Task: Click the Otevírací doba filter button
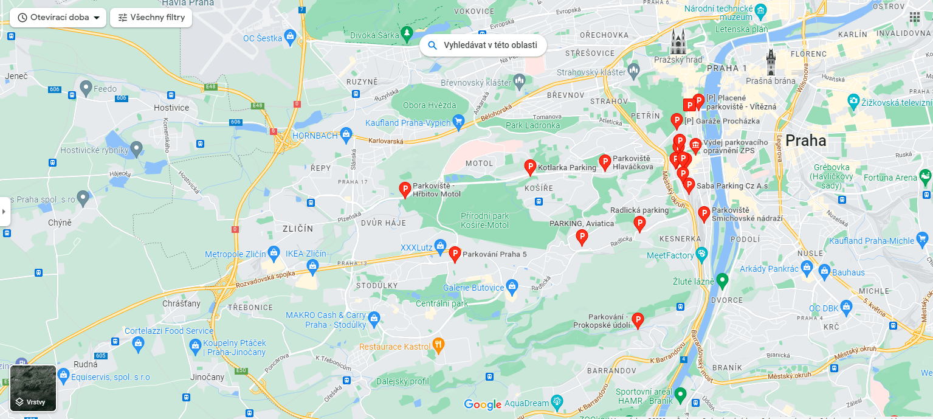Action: point(58,18)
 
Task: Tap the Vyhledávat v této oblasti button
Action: point(483,46)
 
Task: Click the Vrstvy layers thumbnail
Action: point(33,389)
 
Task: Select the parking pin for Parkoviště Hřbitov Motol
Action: point(405,189)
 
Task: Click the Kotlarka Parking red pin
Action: point(530,167)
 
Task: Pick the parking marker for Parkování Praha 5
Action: point(455,254)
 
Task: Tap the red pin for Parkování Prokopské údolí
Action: point(638,319)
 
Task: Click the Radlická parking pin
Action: point(639,223)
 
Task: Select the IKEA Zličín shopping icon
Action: point(313,265)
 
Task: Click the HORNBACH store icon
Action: point(346,133)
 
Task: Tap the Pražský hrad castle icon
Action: point(678,42)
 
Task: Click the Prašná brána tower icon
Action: point(771,62)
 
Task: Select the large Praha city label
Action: point(805,141)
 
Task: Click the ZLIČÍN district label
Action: point(298,229)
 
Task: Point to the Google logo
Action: point(483,404)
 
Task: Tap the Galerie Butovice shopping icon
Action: point(512,286)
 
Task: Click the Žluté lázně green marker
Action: point(721,280)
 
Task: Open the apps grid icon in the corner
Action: point(915,17)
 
